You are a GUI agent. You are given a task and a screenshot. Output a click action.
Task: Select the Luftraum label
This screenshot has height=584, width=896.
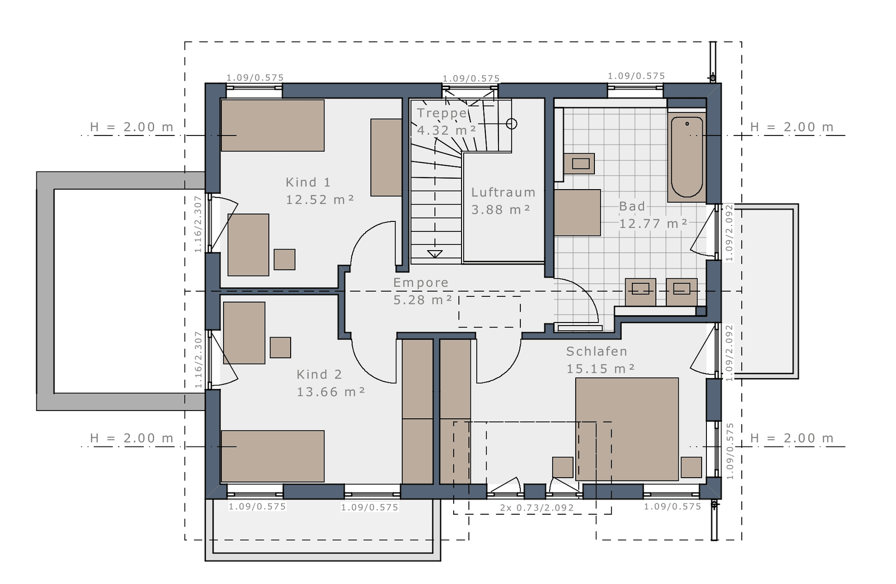[x=503, y=192]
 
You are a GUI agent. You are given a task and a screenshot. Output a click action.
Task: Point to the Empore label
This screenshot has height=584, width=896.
[x=421, y=283]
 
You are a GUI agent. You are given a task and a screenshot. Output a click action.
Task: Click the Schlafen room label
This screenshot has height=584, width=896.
[x=596, y=352]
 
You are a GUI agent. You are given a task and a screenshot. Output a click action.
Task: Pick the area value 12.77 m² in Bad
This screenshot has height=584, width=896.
[x=653, y=223]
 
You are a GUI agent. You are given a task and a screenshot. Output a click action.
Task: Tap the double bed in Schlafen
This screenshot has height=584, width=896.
[x=627, y=429]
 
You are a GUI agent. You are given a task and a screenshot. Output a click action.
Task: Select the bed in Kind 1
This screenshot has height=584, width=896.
[x=272, y=126]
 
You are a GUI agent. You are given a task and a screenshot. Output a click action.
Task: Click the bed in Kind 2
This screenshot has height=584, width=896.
[x=272, y=456]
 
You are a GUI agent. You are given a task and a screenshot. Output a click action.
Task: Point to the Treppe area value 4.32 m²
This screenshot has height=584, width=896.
[x=446, y=130]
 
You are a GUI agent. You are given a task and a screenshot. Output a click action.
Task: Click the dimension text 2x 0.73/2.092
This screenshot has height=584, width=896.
[x=537, y=507]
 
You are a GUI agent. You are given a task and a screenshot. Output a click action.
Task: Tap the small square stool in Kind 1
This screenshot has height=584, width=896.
[x=284, y=259]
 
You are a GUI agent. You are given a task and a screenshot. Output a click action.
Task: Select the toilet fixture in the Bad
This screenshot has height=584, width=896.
[x=579, y=164]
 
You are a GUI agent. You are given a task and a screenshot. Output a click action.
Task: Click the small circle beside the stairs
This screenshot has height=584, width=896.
[x=512, y=123]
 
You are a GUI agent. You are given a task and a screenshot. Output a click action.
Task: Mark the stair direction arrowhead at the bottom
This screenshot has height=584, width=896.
[x=434, y=254]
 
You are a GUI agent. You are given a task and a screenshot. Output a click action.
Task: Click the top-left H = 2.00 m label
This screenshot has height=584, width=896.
[x=132, y=127]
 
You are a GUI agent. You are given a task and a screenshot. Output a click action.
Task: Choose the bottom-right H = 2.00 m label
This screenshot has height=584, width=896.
[x=792, y=438]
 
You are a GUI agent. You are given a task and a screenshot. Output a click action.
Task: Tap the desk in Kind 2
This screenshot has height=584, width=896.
[x=244, y=333]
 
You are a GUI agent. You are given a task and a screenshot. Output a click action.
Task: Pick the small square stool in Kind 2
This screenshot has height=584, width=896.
[x=280, y=347]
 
